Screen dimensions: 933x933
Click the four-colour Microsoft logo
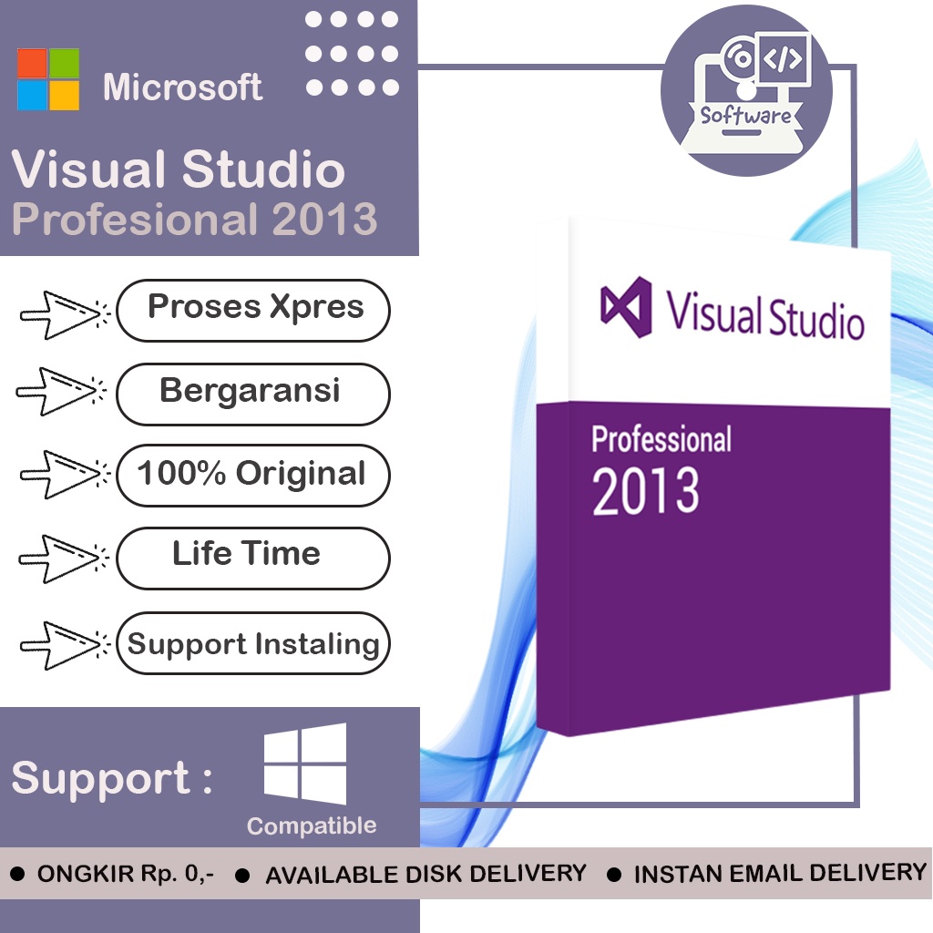(x=48, y=79)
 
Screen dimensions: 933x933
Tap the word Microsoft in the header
(x=182, y=87)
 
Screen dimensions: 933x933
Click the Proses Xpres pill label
(x=254, y=308)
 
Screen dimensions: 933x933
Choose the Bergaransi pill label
(x=251, y=392)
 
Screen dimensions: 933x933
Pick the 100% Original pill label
(x=251, y=474)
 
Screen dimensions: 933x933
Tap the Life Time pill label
(x=247, y=554)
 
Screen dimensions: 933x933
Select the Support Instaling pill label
(x=253, y=644)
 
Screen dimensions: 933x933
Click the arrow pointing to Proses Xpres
(x=62, y=313)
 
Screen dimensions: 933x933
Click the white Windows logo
(x=305, y=764)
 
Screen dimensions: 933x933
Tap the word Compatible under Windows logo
(x=312, y=826)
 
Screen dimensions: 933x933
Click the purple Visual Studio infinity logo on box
(x=626, y=306)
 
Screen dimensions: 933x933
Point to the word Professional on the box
(x=661, y=439)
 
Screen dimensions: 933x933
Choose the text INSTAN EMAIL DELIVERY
(x=780, y=873)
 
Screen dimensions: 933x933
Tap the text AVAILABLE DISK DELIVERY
(x=425, y=874)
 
